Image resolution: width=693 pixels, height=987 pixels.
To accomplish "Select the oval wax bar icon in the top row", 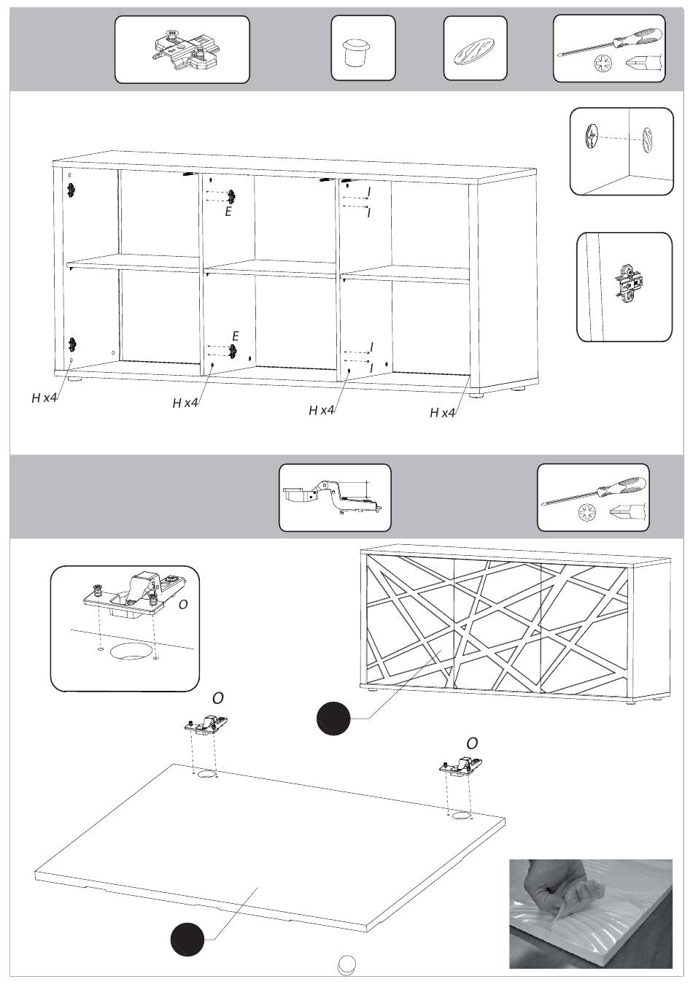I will [475, 50].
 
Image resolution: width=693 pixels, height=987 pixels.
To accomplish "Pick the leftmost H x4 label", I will [44, 398].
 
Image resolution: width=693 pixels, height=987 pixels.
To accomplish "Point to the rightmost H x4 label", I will [443, 413].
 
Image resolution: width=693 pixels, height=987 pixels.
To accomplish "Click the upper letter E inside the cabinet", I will [228, 212].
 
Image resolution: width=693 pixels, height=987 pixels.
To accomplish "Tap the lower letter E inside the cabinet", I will [236, 336].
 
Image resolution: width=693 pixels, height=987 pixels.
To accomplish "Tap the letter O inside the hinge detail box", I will [183, 605].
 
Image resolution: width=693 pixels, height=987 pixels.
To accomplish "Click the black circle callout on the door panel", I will [187, 939].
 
